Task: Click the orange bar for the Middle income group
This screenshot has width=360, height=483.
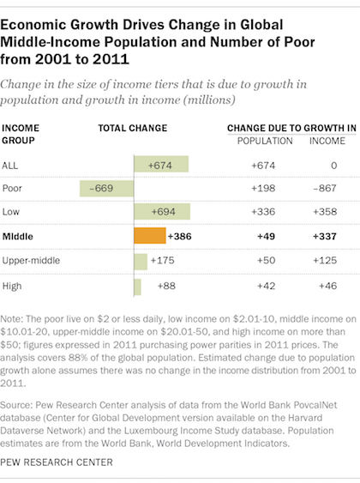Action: coord(150,236)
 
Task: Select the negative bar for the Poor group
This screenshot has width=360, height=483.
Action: coord(107,189)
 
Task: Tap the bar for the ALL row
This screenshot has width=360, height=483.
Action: coord(161,164)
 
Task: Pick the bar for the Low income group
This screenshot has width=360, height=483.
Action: coord(162,212)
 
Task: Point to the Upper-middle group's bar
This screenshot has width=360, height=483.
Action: coord(141,262)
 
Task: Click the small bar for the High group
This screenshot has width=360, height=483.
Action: coord(137,287)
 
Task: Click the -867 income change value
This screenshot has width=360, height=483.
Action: coord(325,188)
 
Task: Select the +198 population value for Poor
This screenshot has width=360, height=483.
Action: coord(263,188)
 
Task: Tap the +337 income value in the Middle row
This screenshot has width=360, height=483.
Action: coord(325,236)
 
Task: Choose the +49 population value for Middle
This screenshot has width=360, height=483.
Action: coord(267,236)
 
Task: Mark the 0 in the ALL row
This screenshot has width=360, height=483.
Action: coord(333,166)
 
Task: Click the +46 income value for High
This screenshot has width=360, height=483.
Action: coord(328,286)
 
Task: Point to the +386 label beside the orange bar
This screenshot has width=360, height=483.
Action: coord(180,236)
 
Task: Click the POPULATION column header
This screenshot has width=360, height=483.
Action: coord(265,141)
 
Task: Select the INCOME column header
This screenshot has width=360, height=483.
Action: coord(327,141)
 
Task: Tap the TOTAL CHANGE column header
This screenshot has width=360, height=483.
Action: coord(133,128)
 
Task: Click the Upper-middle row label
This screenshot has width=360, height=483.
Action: coord(31,261)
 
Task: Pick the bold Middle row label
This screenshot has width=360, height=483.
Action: coord(17,237)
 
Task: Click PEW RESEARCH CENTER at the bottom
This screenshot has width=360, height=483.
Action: coord(57,462)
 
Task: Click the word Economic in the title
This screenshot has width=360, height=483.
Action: coord(33,25)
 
